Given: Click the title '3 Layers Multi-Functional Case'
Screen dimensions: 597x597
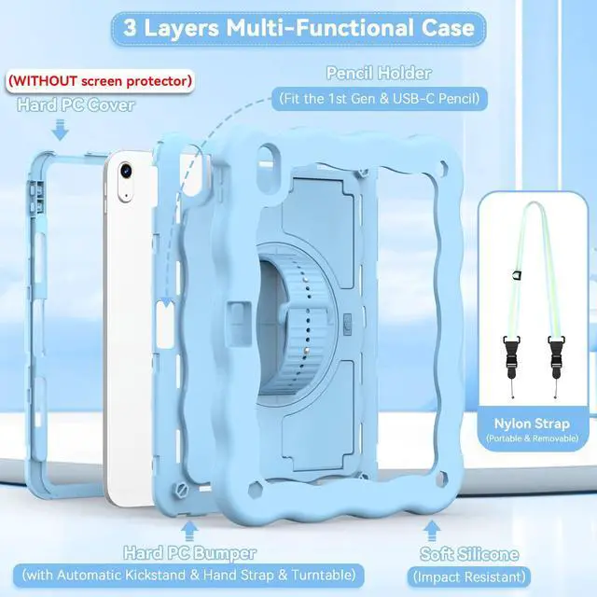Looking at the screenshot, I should coord(298,26).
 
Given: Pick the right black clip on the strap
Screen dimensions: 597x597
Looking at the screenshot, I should coord(556,354).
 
